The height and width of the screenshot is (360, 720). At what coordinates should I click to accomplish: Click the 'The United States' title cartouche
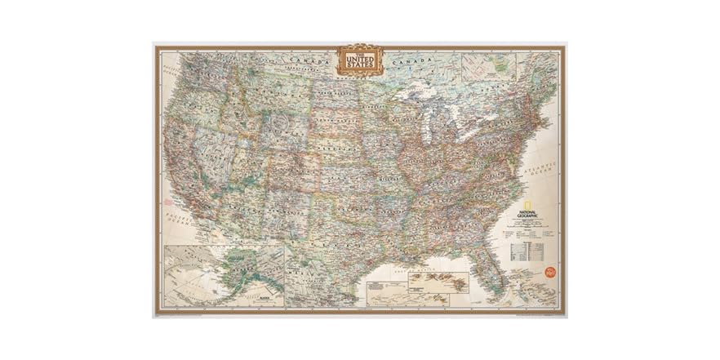pos(360,60)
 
